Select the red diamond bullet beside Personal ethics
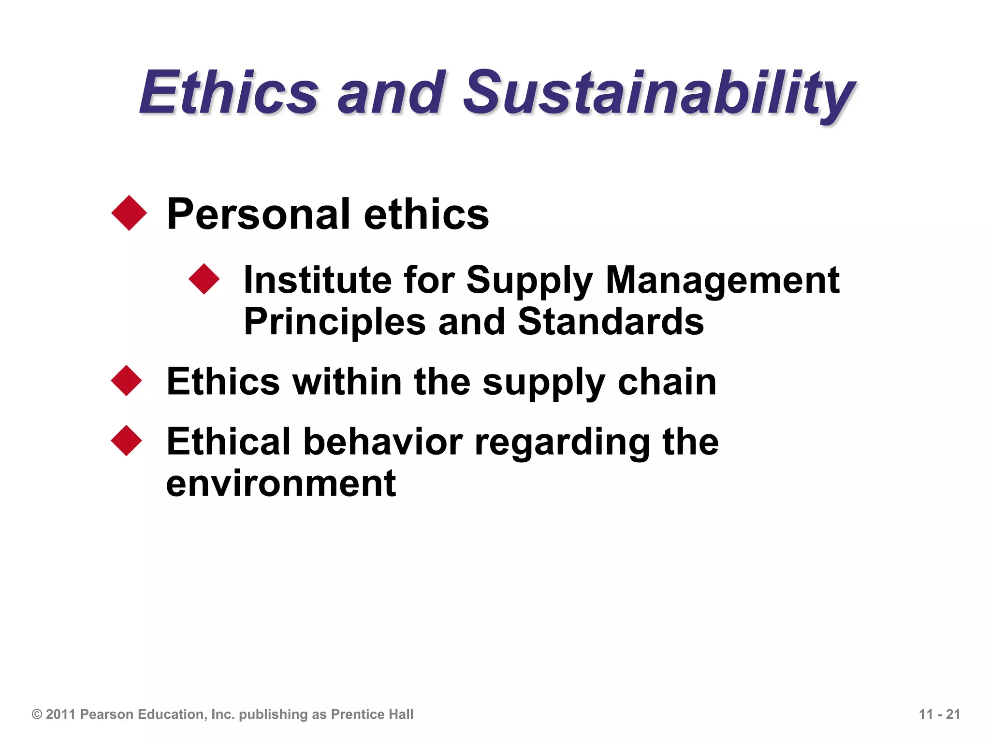pos(129,213)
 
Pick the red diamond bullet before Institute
pos(204,279)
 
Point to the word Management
pos(723,280)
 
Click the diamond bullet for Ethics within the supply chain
pos(127,381)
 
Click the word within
pos(347,382)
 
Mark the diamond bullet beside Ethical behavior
pos(127,441)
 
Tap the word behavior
pos(383,442)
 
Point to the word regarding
pos(562,442)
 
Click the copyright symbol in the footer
pos(37,714)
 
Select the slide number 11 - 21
pos(939,714)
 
